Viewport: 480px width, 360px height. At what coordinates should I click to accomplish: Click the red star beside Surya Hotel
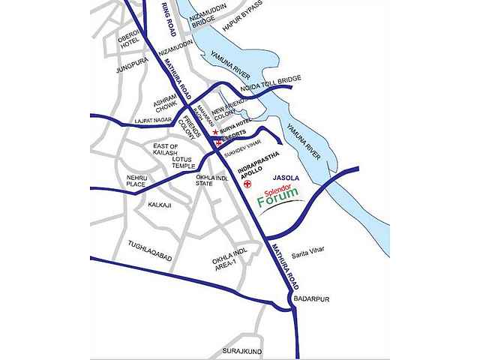[215, 131]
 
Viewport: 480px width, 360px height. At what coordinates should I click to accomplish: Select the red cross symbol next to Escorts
[218, 140]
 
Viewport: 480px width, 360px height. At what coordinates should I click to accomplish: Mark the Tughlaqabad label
[150, 257]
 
